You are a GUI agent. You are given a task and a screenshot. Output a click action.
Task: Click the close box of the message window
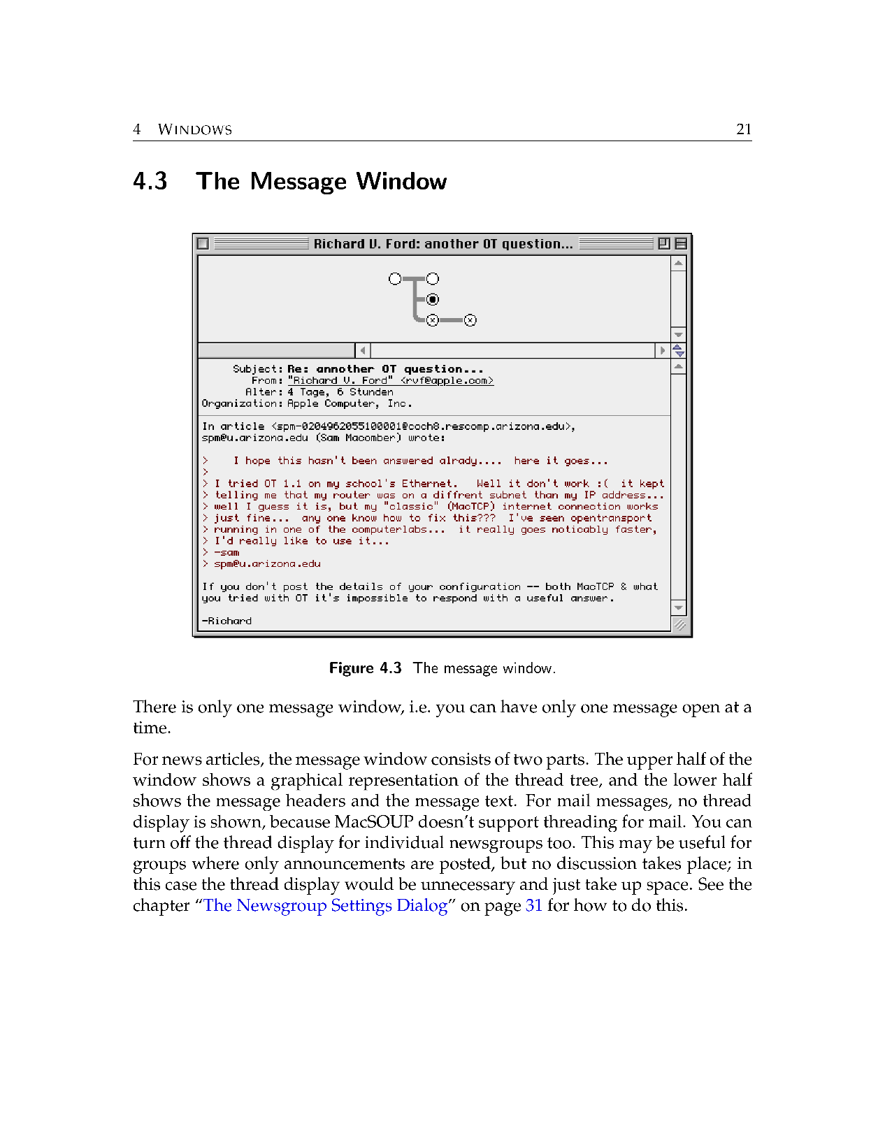click(203, 244)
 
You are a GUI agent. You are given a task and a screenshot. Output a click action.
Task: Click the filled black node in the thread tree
click(433, 300)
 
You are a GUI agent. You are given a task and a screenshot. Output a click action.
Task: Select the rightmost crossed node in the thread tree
click(470, 320)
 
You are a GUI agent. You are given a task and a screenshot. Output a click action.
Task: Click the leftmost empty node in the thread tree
click(395, 279)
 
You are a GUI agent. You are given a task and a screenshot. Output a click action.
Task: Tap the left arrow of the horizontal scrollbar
click(363, 350)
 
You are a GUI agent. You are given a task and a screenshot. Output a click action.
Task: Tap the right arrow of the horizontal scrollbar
click(662, 350)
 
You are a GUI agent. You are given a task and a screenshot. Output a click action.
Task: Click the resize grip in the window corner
click(679, 625)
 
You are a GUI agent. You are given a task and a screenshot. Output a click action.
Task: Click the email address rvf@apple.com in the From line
click(447, 381)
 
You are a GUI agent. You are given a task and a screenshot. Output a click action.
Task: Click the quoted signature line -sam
click(226, 552)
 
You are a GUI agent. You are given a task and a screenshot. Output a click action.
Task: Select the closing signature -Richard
click(226, 621)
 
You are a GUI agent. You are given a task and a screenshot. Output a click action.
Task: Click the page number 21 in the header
click(744, 129)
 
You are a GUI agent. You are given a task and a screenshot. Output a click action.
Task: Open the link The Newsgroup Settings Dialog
click(325, 906)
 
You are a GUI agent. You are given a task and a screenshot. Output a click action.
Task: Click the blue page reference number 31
click(533, 906)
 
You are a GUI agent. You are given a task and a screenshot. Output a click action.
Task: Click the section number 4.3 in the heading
click(150, 182)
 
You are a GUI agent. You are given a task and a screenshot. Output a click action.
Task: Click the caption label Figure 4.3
click(365, 668)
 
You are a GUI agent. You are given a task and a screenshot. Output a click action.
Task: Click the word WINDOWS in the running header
click(195, 130)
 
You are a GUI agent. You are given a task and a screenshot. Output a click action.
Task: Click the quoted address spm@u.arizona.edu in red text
click(267, 564)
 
